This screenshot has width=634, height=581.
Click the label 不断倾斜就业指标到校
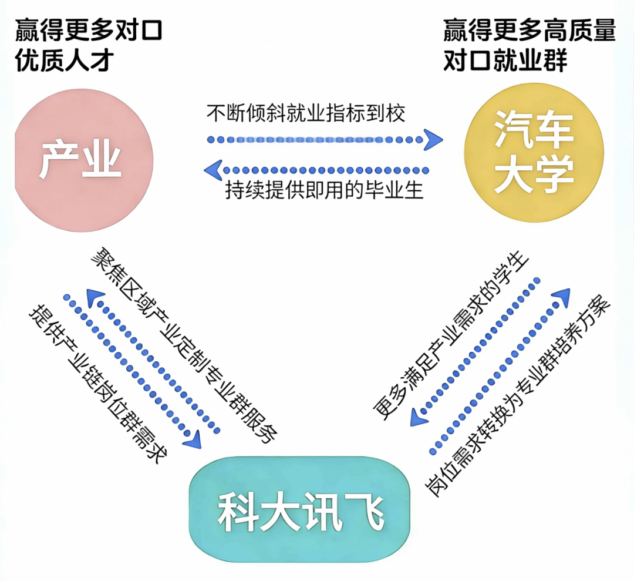tap(305, 112)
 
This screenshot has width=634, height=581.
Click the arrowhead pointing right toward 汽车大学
tap(433, 140)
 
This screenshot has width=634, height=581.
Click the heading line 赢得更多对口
tap(88, 30)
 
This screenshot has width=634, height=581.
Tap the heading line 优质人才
tap(63, 61)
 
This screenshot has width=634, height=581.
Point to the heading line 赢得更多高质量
tap(529, 30)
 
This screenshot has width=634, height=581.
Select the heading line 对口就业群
tap(505, 61)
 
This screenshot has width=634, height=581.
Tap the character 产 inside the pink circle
tap(60, 160)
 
